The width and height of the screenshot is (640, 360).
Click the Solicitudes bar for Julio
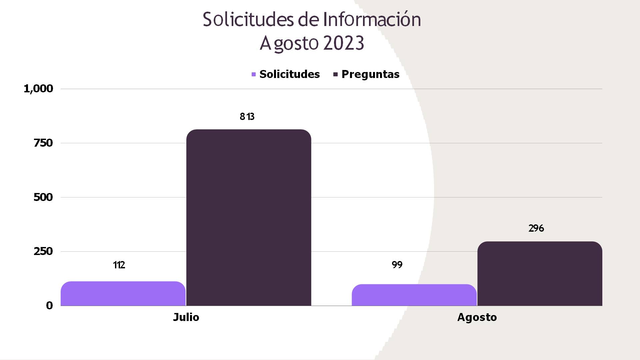pos(123,293)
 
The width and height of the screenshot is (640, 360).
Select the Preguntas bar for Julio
pos(249,217)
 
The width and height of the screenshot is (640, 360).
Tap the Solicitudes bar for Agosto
pos(414,295)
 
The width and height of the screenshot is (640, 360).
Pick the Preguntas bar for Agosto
pos(540,273)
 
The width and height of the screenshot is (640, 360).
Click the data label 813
pos(247,116)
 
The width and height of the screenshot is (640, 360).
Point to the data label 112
pos(119,265)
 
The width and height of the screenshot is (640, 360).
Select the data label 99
pos(397,265)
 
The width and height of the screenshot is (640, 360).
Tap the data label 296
pos(536,228)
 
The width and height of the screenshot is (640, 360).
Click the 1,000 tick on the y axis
pos(38,89)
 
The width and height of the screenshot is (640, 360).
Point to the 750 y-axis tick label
pos(43,143)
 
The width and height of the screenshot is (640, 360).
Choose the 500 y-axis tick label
pos(43,197)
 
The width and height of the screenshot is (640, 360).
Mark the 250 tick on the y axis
pos(43,251)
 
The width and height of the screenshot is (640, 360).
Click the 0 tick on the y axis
pos(49,305)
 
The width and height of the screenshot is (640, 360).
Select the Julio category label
pos(186,317)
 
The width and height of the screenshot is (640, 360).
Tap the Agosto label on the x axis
pos(477,317)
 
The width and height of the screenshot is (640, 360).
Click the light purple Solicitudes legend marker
pos(254,74)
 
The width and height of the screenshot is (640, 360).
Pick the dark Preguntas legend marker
pos(336,74)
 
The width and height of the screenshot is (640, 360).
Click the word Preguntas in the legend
pos(370,74)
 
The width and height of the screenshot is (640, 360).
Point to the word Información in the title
pos(372,19)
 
